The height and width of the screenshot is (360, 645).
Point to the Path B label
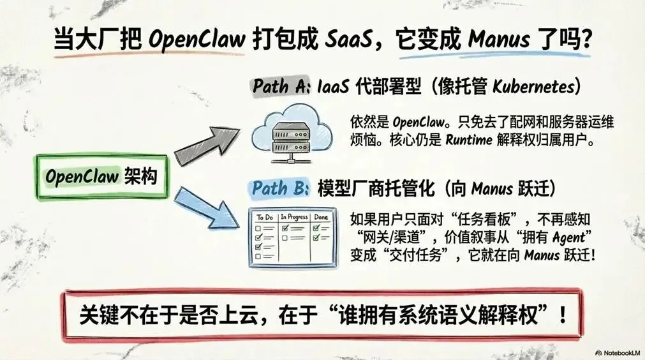(x=280, y=188)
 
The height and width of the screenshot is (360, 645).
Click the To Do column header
(x=264, y=218)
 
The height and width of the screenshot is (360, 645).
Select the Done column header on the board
(x=322, y=218)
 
